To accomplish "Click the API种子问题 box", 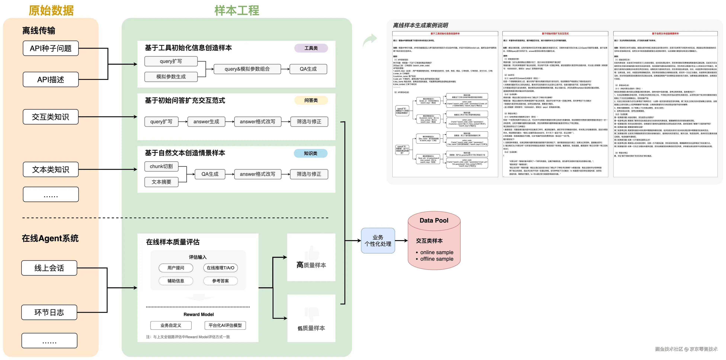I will [x=51, y=49].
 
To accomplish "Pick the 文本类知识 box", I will [x=51, y=169].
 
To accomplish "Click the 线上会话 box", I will [x=49, y=268].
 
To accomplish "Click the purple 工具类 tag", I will [x=311, y=48].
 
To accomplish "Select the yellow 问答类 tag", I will [x=311, y=100].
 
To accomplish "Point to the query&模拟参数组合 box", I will [x=247, y=69].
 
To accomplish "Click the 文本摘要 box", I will [x=161, y=182].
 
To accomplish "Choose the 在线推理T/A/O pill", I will [x=220, y=268].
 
